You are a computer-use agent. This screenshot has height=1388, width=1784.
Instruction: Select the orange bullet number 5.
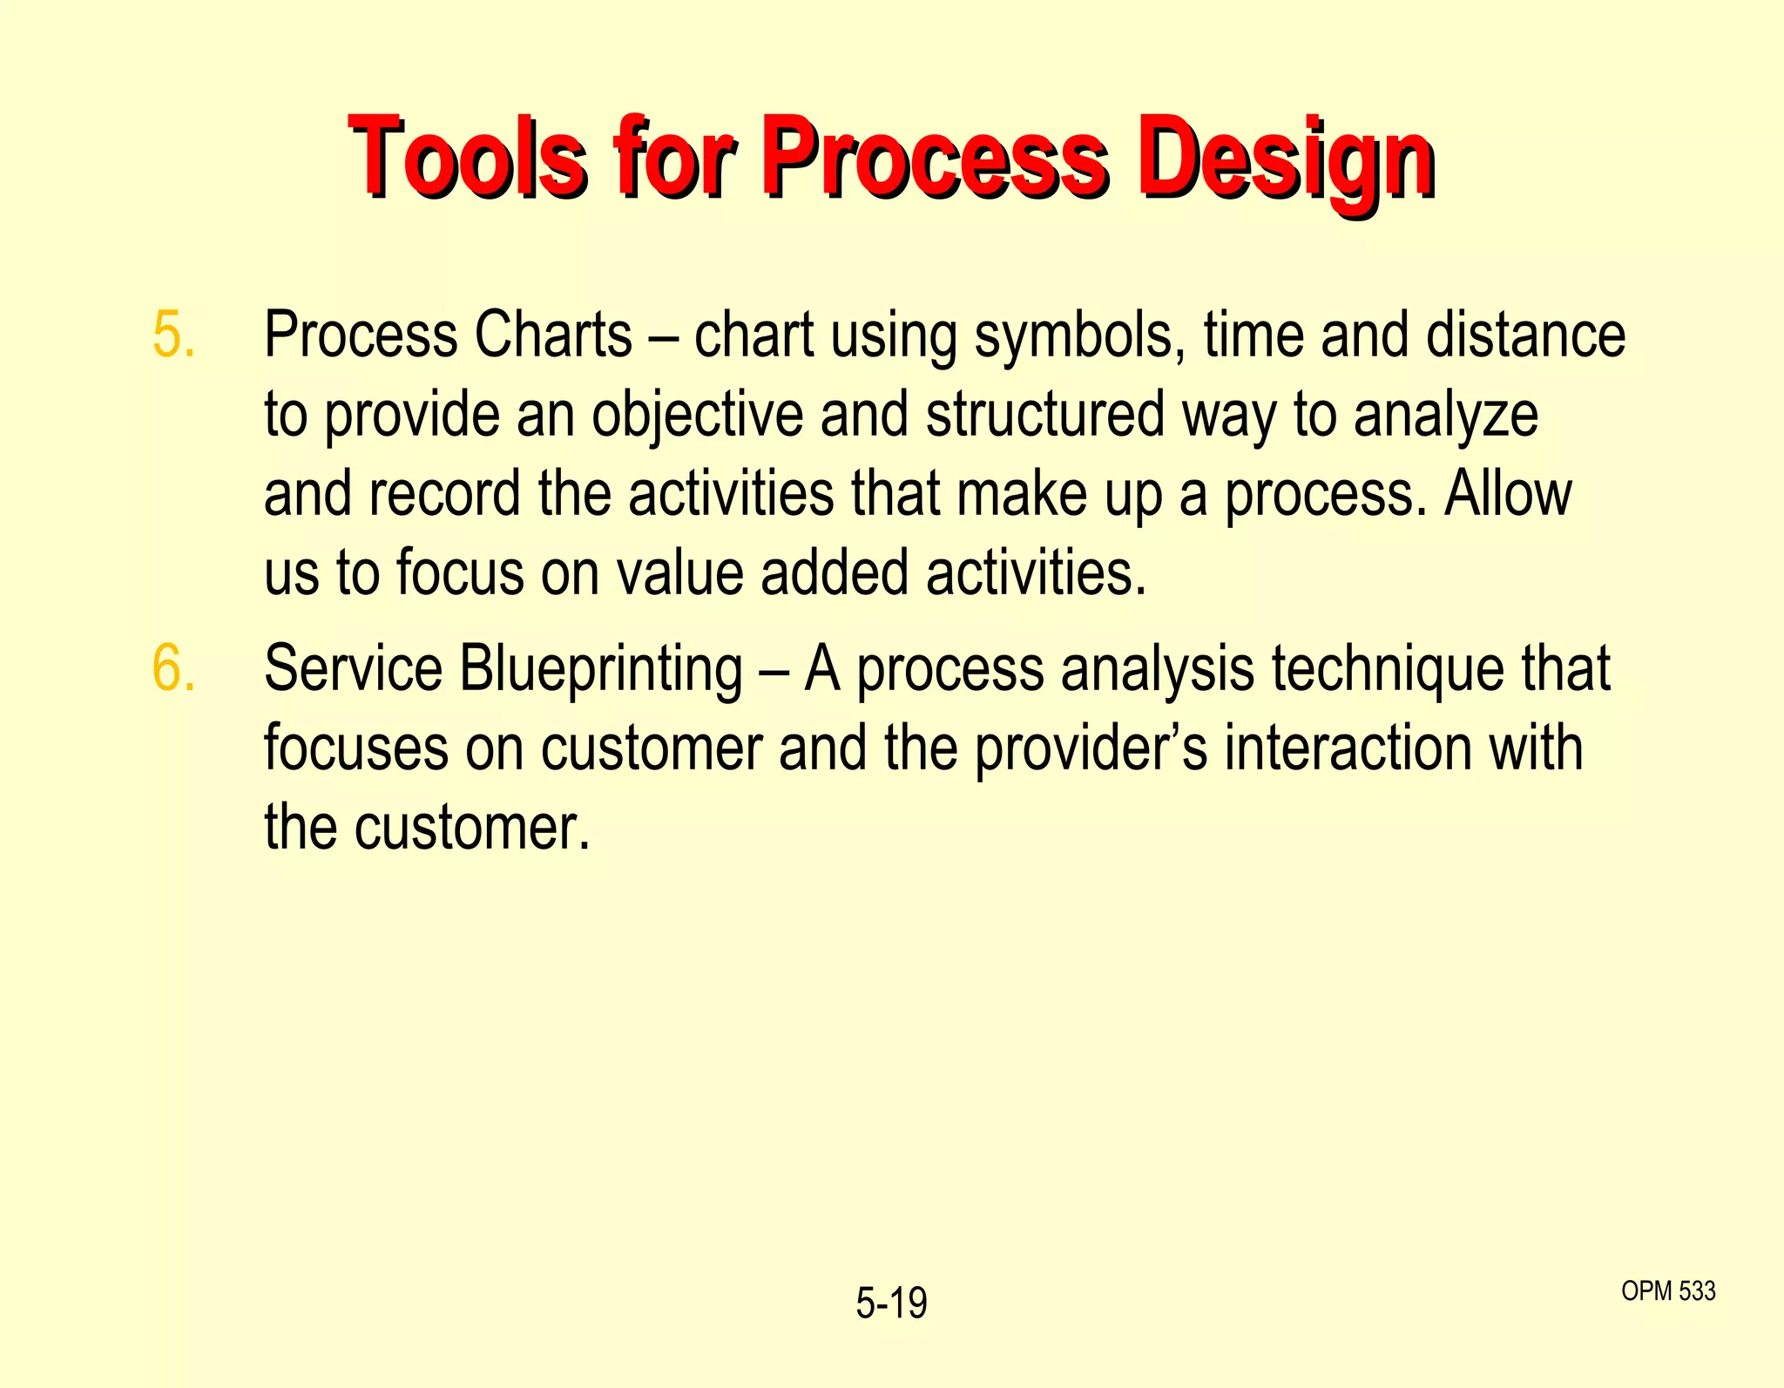pos(173,335)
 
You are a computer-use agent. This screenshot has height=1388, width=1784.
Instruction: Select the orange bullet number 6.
pos(173,669)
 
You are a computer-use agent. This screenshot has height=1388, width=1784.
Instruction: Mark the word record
pos(444,494)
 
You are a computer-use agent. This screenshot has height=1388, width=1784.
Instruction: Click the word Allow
pos(1508,494)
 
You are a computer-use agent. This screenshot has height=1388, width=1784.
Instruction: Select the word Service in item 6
pos(354,669)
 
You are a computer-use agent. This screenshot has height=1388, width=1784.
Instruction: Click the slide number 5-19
pos(891,1303)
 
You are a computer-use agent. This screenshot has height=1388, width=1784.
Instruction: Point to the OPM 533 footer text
pos(1668,1290)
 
